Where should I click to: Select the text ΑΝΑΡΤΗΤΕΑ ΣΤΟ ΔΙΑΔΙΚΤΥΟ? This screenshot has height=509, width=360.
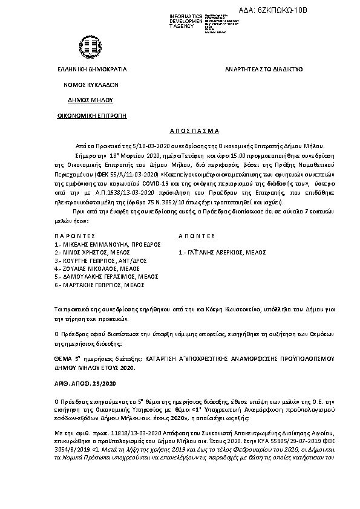[x=263, y=70]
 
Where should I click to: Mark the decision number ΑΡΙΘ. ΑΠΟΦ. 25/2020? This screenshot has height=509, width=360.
[x=89, y=384]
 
